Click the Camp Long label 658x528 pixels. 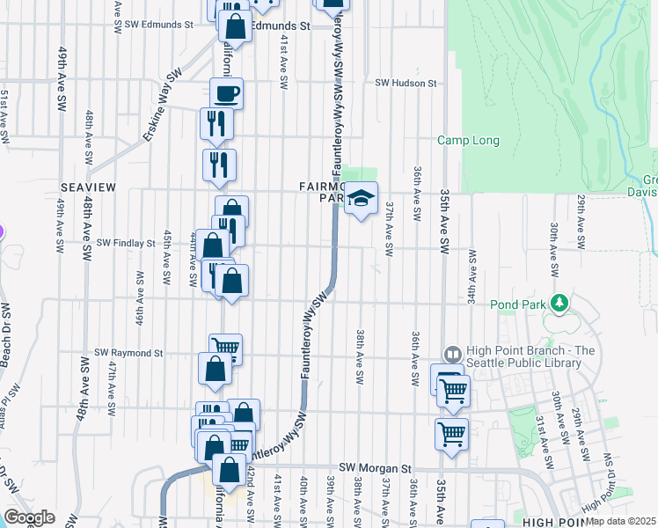click(469, 141)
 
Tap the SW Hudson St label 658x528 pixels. click(406, 83)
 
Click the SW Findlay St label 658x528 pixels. click(126, 242)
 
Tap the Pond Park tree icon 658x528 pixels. click(557, 304)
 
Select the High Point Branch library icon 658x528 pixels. click(452, 354)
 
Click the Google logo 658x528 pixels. click(29, 517)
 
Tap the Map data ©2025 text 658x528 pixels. click(620, 521)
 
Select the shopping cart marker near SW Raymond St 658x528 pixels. click(225, 347)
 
